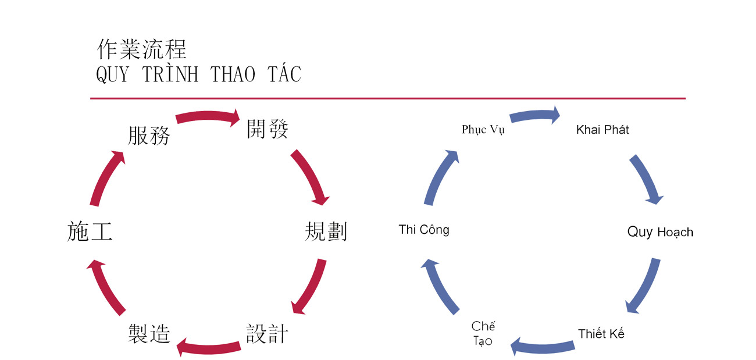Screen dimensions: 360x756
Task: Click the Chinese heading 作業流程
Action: click(x=142, y=49)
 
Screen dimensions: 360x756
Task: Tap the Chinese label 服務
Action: click(x=149, y=136)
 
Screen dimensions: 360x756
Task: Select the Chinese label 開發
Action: click(x=268, y=129)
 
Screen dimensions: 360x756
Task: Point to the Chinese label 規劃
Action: click(x=326, y=231)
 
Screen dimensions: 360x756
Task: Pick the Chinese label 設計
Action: click(x=267, y=334)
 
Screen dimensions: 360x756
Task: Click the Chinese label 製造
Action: click(x=149, y=334)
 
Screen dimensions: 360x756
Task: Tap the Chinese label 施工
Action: click(x=90, y=231)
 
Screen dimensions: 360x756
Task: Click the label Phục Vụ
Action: click(x=483, y=129)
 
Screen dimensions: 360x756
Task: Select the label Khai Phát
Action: click(x=602, y=129)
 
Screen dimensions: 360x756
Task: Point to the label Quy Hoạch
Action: click(x=660, y=232)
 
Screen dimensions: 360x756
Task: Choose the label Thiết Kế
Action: click(x=601, y=334)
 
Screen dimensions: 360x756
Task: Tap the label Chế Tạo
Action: click(x=483, y=333)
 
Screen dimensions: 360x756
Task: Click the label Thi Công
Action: click(x=424, y=230)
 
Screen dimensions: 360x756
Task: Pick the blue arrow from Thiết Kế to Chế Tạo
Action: click(x=542, y=345)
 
